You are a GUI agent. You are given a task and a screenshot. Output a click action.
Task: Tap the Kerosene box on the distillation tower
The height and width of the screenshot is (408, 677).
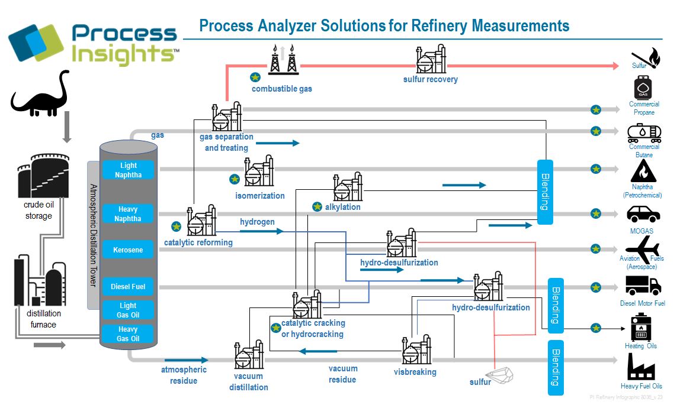tap(128, 250)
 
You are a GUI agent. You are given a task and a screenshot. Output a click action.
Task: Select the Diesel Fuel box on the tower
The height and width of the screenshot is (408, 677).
tap(128, 287)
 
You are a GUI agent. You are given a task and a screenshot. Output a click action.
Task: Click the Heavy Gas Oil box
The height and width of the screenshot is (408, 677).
tap(128, 334)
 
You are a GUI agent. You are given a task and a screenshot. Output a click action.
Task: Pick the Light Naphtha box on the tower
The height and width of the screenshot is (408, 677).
tap(128, 170)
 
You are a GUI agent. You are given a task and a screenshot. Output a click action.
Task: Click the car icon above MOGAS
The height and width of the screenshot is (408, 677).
tap(643, 213)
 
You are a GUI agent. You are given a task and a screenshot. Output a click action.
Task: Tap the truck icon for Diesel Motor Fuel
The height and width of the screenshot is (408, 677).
tap(643, 286)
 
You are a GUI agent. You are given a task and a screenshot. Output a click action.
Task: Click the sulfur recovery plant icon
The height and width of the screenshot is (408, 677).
tap(431, 59)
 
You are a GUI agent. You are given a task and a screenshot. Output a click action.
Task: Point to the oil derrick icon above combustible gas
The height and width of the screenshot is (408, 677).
tap(283, 60)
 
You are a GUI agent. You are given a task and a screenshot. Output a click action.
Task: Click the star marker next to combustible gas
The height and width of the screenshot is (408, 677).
tap(255, 77)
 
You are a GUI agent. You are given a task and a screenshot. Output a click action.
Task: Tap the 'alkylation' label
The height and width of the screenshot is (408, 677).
tap(342, 207)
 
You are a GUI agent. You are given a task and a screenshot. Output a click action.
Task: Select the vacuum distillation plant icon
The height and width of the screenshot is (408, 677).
tap(249, 355)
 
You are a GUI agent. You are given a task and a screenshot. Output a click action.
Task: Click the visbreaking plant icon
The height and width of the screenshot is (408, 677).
tap(416, 350)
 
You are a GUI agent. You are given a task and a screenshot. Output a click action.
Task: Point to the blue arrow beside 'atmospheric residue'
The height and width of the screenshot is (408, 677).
tap(187, 360)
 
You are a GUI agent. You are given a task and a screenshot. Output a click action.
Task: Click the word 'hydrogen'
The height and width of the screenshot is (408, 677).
tap(257, 222)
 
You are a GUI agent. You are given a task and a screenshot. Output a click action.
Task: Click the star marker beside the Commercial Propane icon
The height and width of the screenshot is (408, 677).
tap(596, 109)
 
